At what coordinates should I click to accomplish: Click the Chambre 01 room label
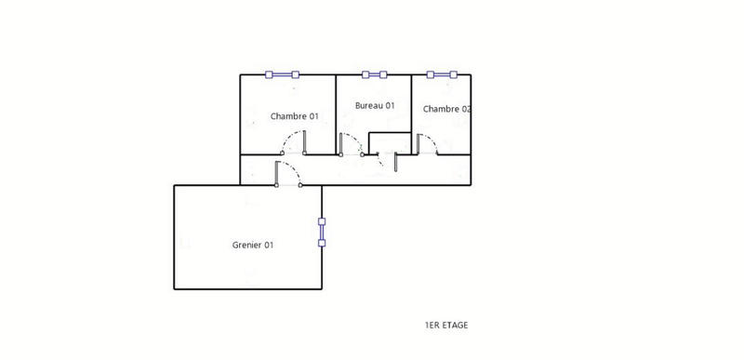point(294,116)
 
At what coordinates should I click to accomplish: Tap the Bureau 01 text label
point(375,105)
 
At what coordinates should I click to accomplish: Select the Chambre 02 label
point(446,109)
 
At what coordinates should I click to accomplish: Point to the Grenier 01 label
point(252,245)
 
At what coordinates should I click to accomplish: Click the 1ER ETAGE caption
point(446,326)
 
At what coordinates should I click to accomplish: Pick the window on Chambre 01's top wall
point(281,74)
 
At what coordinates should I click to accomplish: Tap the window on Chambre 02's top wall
point(439,74)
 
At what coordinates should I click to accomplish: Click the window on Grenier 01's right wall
point(322,233)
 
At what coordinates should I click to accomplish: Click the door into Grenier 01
point(287,173)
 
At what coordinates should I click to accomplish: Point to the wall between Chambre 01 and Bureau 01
point(335,112)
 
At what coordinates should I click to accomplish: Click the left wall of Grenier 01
point(174,236)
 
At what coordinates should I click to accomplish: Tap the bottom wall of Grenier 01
point(247,288)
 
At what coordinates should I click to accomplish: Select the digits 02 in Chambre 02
point(465,109)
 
